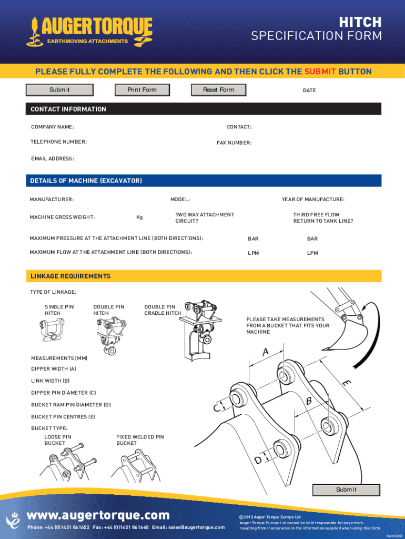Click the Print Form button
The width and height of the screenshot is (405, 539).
click(x=142, y=90)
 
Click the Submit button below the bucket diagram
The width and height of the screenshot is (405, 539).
click(x=346, y=490)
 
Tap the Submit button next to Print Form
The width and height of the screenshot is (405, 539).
click(x=60, y=90)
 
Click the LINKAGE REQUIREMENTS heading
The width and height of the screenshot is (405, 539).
click(x=70, y=276)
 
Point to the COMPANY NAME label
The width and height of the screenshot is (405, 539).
click(x=53, y=127)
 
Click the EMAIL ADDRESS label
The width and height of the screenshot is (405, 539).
click(x=53, y=158)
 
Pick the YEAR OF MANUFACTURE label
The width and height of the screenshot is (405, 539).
click(x=313, y=199)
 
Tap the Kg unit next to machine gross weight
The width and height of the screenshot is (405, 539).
click(x=139, y=217)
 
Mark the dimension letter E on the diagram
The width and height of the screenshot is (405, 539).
click(x=346, y=384)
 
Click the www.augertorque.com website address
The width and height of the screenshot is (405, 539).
click(x=98, y=515)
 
